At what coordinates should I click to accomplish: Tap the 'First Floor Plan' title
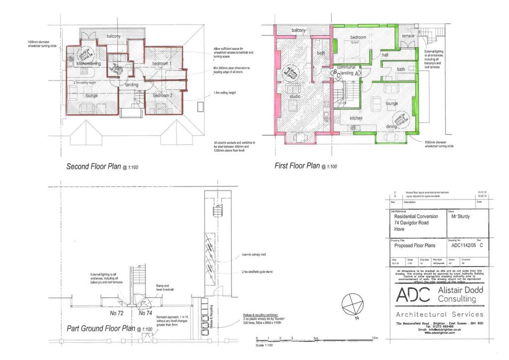point(297,166)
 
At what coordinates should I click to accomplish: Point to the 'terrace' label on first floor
point(408,36)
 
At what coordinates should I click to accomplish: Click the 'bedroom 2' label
point(162,95)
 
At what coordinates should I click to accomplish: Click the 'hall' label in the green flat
point(385,55)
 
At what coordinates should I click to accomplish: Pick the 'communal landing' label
point(346,70)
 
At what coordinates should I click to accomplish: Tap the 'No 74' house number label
point(145,313)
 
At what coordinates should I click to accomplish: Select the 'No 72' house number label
point(116,313)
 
